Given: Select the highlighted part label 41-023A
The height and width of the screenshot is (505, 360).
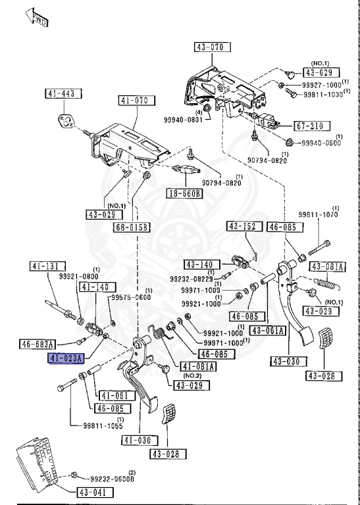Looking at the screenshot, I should (x=67, y=358).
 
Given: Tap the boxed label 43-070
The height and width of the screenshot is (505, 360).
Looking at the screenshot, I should (x=210, y=47).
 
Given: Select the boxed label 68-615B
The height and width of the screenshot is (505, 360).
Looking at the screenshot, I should (x=132, y=228).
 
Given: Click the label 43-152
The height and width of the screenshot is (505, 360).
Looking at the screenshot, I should (x=242, y=227).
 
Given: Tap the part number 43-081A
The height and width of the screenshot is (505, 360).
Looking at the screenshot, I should (x=327, y=266).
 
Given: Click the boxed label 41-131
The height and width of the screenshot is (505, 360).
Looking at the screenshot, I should (x=46, y=266).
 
